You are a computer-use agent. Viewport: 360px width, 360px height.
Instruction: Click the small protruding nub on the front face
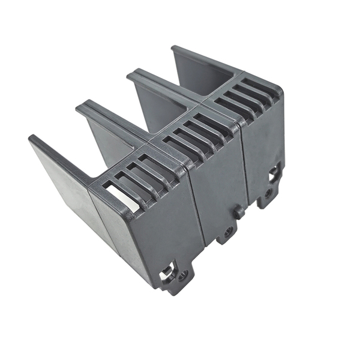click(x=238, y=211)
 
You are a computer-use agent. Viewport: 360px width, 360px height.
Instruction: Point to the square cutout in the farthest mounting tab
click(x=274, y=175)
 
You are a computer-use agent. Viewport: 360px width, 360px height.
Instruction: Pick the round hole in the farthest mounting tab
click(x=268, y=193)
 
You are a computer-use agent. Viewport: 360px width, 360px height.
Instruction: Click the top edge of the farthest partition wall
click(x=204, y=61)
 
